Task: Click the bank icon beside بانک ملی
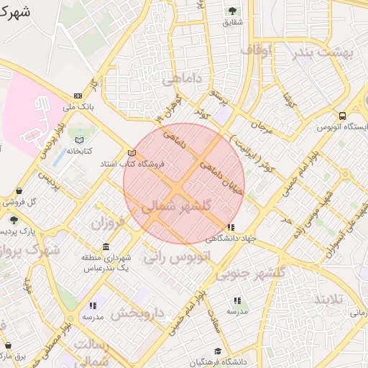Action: coord(77,96)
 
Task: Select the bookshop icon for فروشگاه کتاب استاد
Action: coord(131,152)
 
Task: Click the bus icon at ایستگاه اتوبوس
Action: coord(342,116)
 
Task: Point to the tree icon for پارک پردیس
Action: coord(13,219)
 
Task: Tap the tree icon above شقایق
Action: coord(231,11)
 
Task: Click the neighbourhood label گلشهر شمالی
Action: coord(177,206)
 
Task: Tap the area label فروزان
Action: coord(108,223)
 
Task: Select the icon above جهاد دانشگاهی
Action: coord(230,227)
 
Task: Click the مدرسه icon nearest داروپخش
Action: coord(93,305)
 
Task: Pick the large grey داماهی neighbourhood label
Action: coord(182,78)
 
